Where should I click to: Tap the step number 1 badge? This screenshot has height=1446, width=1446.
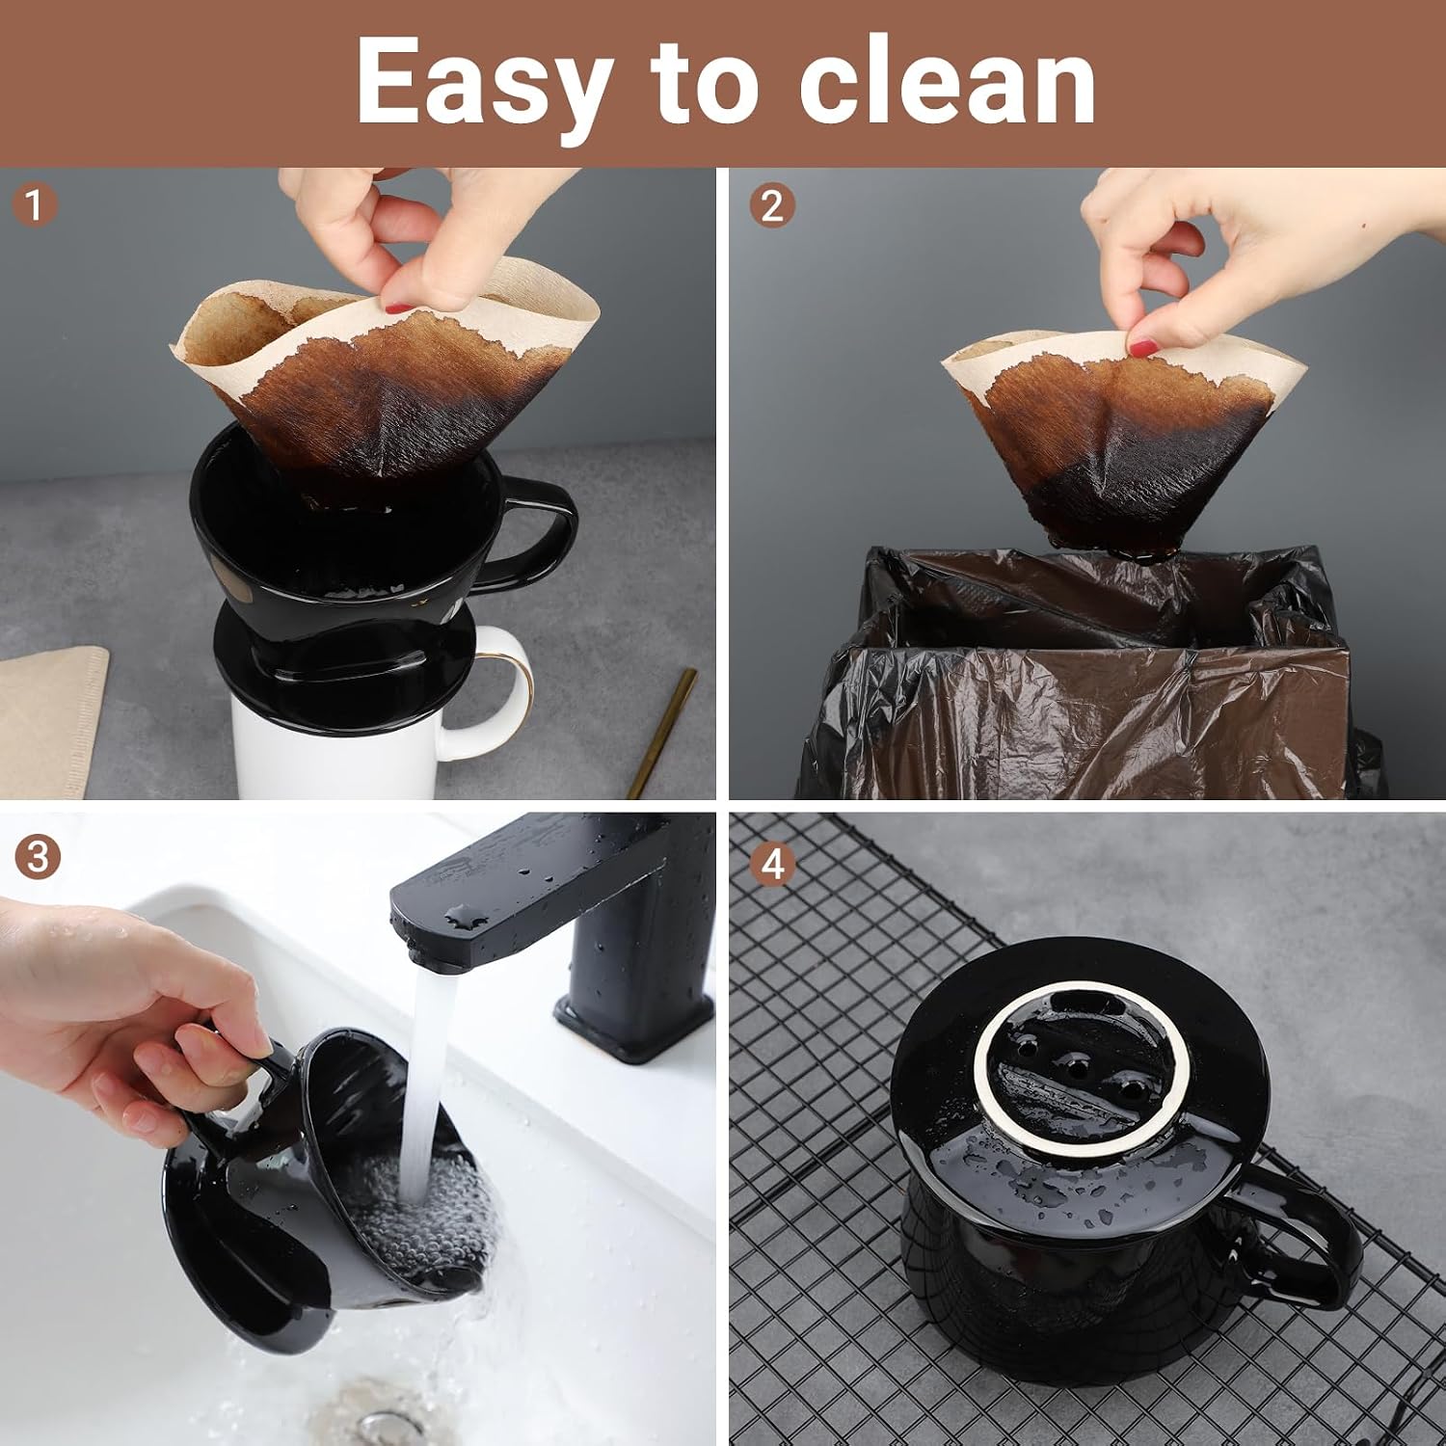click(34, 205)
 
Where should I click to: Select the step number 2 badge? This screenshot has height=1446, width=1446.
click(771, 205)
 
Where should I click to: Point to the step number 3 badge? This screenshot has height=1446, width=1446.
click(37, 857)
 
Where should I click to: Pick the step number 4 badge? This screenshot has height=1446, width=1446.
click(772, 865)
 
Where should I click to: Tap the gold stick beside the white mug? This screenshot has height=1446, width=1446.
click(663, 733)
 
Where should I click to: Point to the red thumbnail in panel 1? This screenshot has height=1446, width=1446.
click(398, 308)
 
